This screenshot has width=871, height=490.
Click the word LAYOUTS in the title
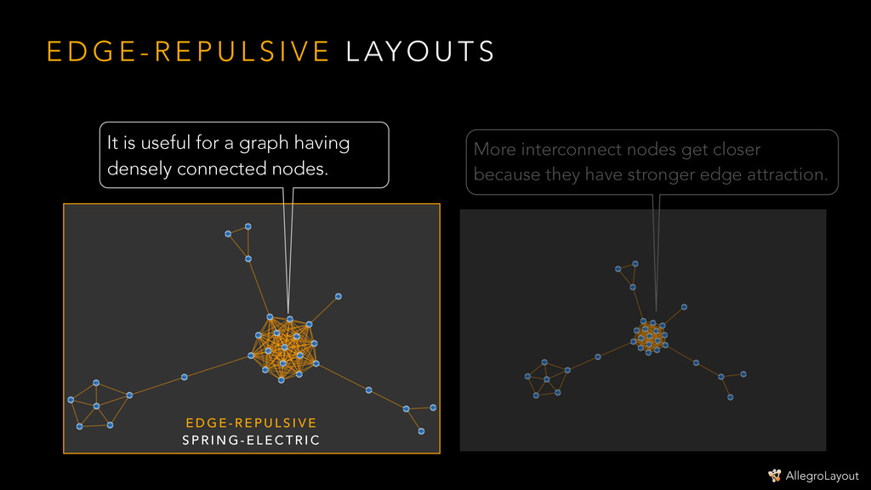[419, 52]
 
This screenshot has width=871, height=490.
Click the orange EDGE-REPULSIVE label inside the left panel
[251, 423]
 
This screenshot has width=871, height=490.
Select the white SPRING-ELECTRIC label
[251, 440]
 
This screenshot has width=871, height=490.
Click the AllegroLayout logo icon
[774, 476]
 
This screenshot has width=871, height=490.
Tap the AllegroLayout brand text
[823, 476]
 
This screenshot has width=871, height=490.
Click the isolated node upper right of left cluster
[338, 296]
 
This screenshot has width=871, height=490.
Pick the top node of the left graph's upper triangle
[248, 226]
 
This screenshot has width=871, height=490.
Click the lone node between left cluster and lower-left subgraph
[185, 377]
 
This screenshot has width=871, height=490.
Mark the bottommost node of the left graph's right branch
[421, 431]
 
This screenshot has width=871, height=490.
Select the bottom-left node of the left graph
[79, 426]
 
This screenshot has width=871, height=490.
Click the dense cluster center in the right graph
[651, 337]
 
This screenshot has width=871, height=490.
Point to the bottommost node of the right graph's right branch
[731, 397]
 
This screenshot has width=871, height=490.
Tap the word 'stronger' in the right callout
[660, 175]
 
